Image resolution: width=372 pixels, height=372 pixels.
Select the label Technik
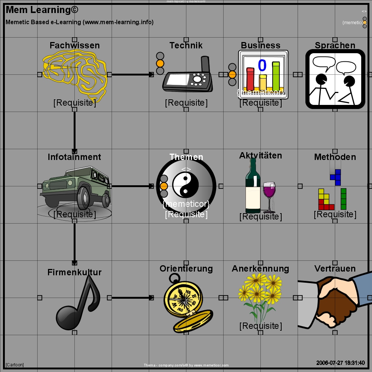pos(186,45)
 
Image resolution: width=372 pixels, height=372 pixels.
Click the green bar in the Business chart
pos(276,76)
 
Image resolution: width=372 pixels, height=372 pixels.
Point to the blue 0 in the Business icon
pos(262,65)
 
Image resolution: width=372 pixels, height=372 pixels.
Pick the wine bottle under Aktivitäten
pos(253,186)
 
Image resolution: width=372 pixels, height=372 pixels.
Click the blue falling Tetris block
pos(336,177)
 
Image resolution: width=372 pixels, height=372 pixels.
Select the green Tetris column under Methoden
pos(343,199)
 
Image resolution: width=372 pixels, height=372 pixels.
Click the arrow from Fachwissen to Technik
pos(132,74)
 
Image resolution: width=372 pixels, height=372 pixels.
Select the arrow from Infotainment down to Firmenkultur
pos(74,242)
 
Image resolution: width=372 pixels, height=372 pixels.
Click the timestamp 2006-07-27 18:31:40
pos(340,363)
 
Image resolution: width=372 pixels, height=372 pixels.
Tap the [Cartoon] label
pos(15,365)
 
